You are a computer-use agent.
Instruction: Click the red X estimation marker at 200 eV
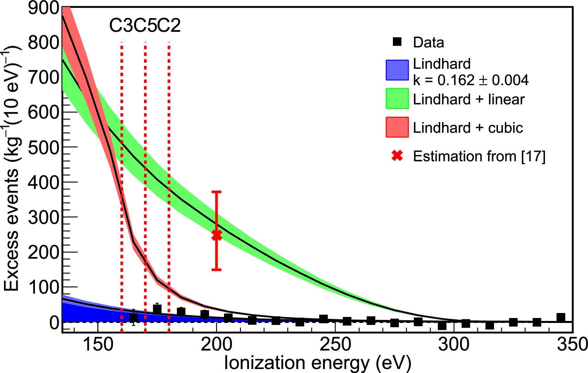click(216, 235)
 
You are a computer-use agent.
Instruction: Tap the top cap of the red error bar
click(216, 192)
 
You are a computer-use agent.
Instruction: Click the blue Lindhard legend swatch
click(397, 70)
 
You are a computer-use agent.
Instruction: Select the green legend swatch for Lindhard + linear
click(397, 98)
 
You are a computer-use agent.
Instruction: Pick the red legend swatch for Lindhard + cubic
click(397, 127)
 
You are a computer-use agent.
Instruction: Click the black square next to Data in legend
click(397, 42)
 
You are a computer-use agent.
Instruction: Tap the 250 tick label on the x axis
click(335, 344)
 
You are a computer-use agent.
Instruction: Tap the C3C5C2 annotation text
click(145, 26)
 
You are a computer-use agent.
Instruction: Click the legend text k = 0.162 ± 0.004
click(471, 80)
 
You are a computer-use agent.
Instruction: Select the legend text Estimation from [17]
click(479, 156)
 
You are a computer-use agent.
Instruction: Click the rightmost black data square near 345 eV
click(560, 317)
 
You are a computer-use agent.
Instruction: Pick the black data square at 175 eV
click(157, 309)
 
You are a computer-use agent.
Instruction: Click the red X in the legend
click(397, 155)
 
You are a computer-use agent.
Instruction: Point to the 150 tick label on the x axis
click(98, 344)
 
